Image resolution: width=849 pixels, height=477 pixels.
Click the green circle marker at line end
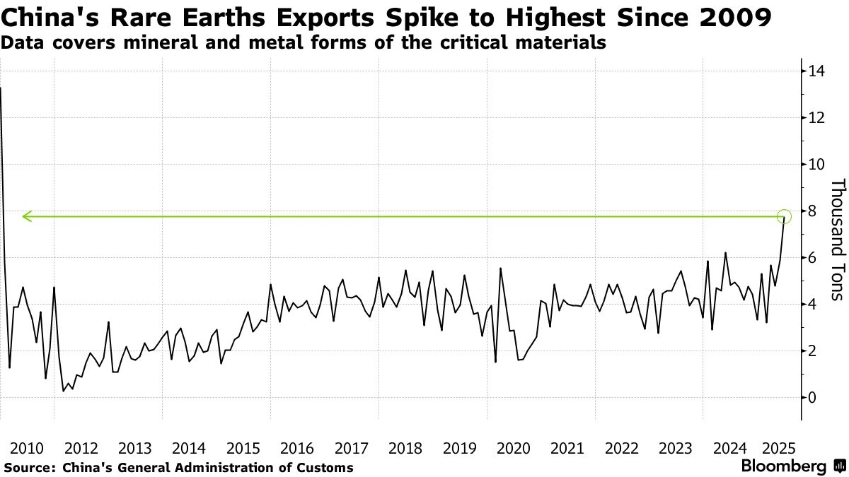[784, 216]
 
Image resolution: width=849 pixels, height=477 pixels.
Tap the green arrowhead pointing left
[26, 216]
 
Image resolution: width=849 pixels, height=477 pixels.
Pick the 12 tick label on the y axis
[812, 117]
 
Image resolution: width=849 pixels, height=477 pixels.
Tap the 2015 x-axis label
[243, 448]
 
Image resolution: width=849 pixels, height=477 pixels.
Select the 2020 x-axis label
[514, 448]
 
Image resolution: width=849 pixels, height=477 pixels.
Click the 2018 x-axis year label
[405, 448]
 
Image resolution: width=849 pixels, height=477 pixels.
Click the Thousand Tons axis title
[837, 239]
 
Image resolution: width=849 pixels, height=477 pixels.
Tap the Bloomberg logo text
[783, 466]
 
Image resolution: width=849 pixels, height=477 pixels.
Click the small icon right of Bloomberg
[840, 466]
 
